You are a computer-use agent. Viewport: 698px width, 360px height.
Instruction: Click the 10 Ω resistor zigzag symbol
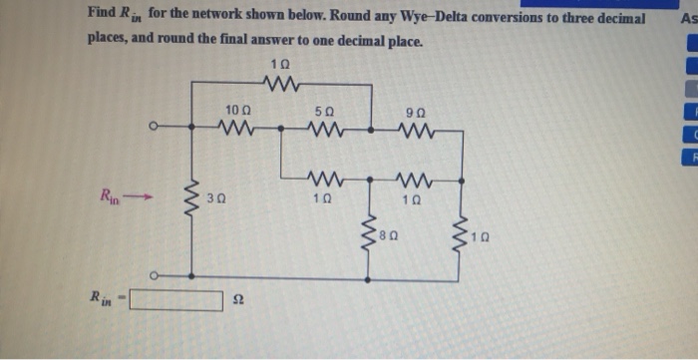click(x=237, y=128)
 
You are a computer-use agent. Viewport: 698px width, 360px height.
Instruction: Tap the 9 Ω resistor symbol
click(x=415, y=128)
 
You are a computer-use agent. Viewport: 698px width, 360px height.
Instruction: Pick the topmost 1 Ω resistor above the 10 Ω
click(x=280, y=84)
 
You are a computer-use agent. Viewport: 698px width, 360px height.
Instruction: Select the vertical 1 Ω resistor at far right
click(x=461, y=236)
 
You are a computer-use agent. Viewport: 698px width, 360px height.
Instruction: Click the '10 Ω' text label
click(x=237, y=108)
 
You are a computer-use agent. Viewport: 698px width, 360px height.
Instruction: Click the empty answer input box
click(x=175, y=299)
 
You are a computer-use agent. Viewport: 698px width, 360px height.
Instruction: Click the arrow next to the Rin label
click(x=144, y=195)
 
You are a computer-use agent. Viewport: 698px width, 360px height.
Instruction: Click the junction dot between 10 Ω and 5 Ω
click(x=282, y=128)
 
